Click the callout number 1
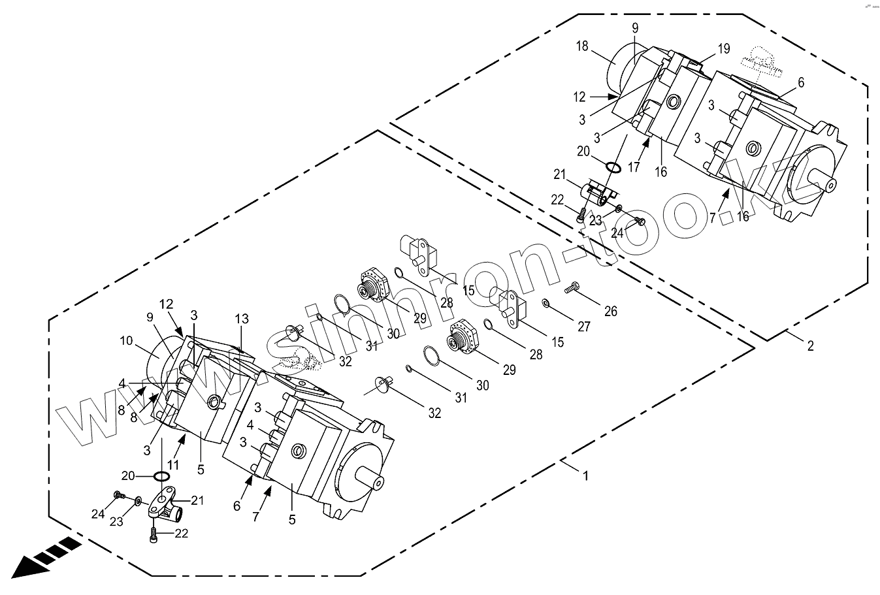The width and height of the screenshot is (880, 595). [585, 476]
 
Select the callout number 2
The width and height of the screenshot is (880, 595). [810, 346]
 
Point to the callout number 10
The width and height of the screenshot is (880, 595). [126, 340]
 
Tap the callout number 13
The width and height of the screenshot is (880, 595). [242, 319]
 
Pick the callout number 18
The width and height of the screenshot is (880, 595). [583, 46]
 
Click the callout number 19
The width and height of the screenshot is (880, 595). [723, 48]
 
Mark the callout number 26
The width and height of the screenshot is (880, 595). [610, 312]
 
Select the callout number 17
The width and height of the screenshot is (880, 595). [634, 167]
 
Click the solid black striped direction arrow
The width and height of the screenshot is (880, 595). [41, 560]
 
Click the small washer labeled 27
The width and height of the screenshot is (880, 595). [546, 302]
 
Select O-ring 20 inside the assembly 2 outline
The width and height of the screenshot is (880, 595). [613, 168]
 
